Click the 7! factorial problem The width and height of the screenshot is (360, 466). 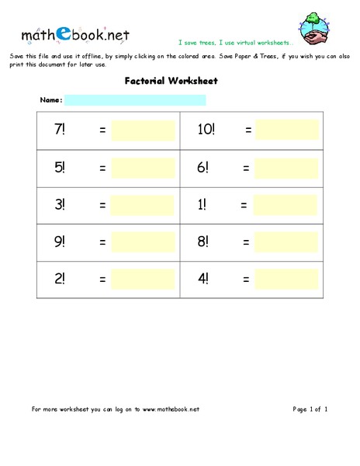pos(60,130)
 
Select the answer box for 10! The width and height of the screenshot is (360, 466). pos(287,130)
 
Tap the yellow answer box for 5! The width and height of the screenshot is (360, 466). pos(143,167)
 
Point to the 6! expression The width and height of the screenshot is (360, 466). pos(203,167)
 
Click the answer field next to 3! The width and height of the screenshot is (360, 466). pos(143,205)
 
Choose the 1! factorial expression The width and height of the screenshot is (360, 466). pos(202,205)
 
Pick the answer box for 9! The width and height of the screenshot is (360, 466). pos(143,242)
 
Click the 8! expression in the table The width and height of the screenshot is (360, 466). pos(203,242)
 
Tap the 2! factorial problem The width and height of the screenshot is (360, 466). pos(60,280)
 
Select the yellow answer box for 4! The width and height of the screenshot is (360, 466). pos(286,280)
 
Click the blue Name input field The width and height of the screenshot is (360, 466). pos(135,100)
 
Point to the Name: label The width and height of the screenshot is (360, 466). pos(51,100)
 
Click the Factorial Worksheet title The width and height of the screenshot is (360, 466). pos(171,81)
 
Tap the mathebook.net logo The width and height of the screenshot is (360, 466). pos(75,34)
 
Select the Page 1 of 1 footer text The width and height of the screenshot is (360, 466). pos(310,409)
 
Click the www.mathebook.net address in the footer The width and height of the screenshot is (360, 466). pos(171,409)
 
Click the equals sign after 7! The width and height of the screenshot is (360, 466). pos(102,130)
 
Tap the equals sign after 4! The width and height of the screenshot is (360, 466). pos(246,280)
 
